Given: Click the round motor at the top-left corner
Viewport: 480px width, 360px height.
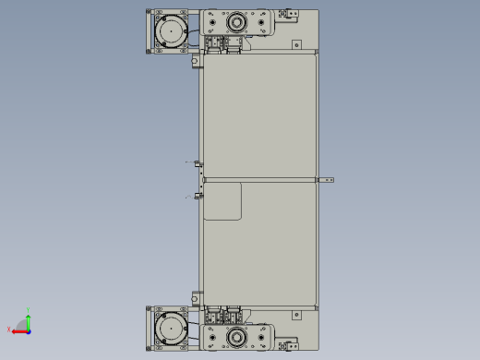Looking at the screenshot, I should (x=171, y=32).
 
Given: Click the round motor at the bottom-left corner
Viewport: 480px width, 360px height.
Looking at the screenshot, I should (x=171, y=328).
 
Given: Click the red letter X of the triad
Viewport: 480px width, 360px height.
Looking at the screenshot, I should (x=9, y=330).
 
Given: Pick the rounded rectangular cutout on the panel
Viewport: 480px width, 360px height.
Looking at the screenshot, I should (x=222, y=201).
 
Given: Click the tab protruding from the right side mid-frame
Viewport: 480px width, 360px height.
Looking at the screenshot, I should (x=326, y=180).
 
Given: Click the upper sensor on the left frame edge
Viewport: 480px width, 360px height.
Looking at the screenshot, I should (x=197, y=163).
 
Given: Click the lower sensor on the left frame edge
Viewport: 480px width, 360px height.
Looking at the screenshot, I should (x=197, y=196).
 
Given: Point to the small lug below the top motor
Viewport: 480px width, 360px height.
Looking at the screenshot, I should (x=196, y=63).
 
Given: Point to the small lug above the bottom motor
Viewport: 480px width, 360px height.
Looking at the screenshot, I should (x=196, y=297).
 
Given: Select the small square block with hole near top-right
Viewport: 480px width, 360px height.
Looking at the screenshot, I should (x=296, y=44).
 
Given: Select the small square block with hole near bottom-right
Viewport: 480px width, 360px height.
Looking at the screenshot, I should (x=296, y=315).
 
